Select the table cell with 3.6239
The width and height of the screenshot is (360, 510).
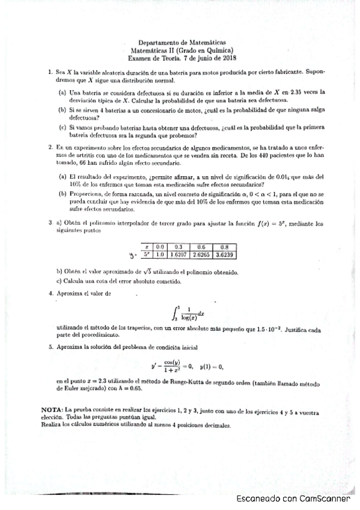point(225,254)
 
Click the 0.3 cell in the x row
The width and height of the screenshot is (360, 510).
point(178,247)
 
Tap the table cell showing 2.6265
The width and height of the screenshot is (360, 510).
point(201,254)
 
